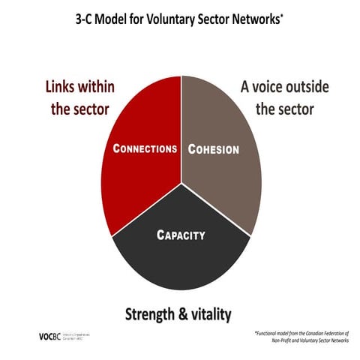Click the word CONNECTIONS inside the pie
pos(145,148)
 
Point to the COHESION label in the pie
pos(213,149)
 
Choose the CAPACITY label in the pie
pos(180,235)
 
